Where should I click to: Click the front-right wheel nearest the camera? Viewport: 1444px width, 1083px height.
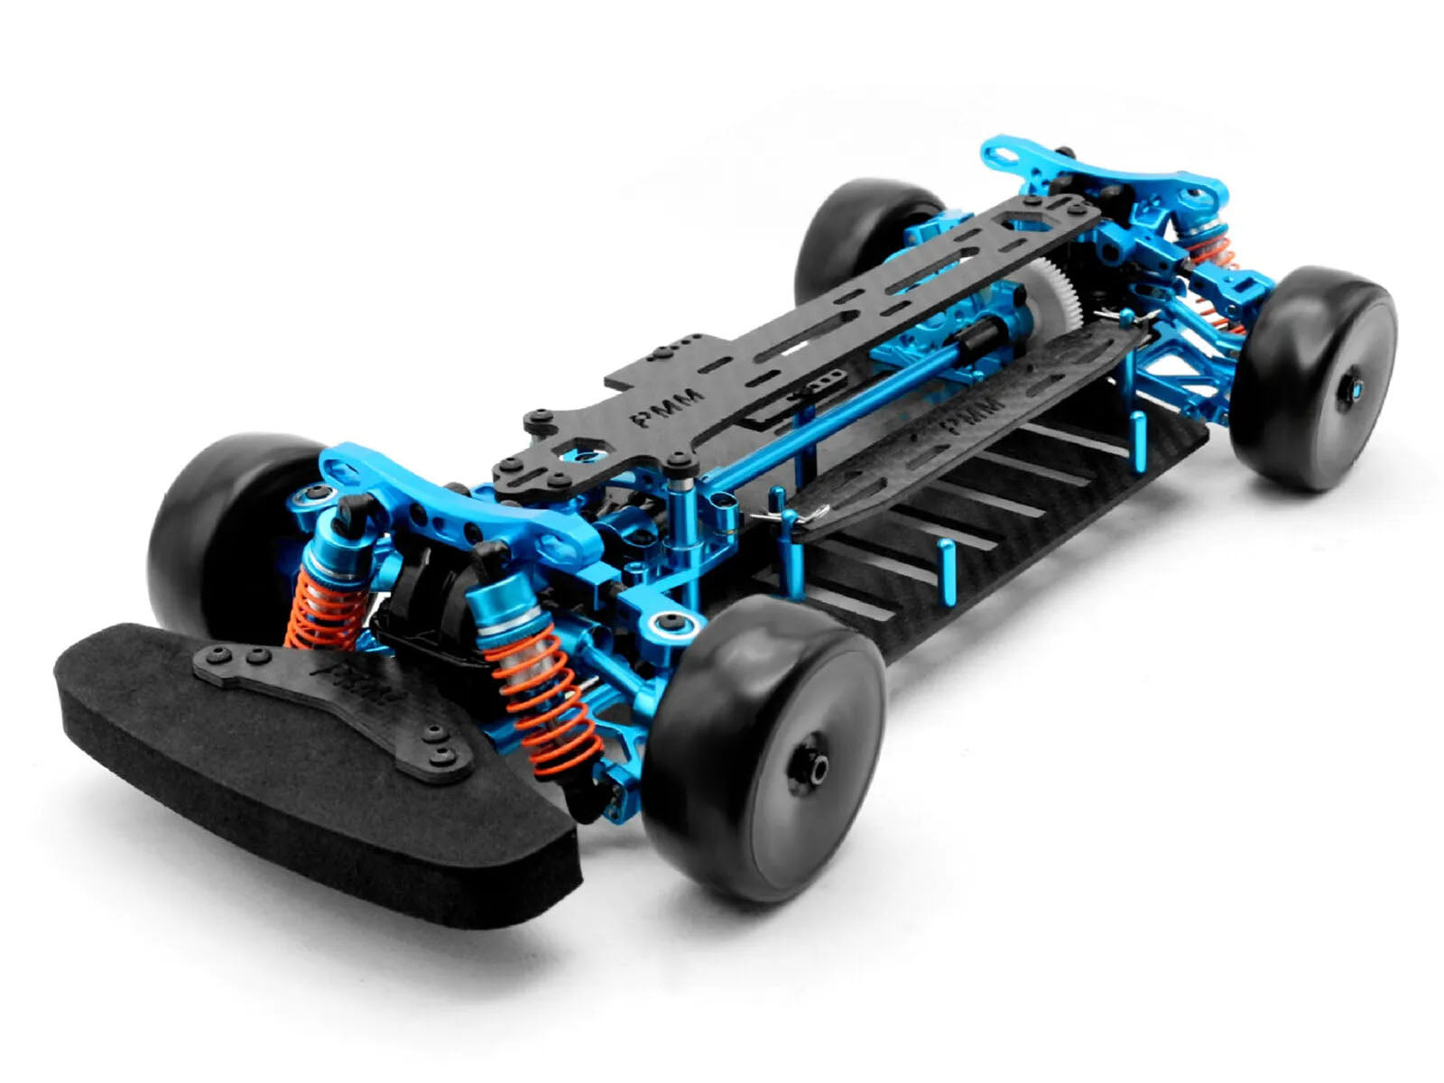(763, 749)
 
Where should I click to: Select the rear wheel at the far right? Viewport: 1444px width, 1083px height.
(1313, 379)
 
